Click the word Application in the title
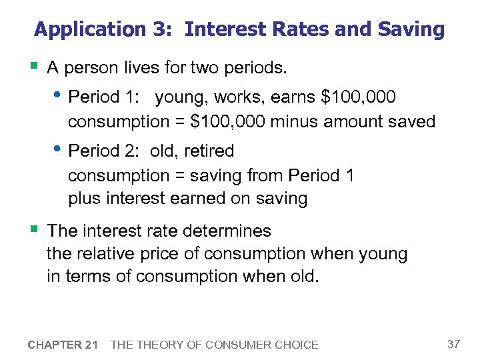[x=89, y=30]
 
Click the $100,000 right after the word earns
[x=359, y=97]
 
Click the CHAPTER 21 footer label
[x=63, y=345]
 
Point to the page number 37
[x=453, y=344]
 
